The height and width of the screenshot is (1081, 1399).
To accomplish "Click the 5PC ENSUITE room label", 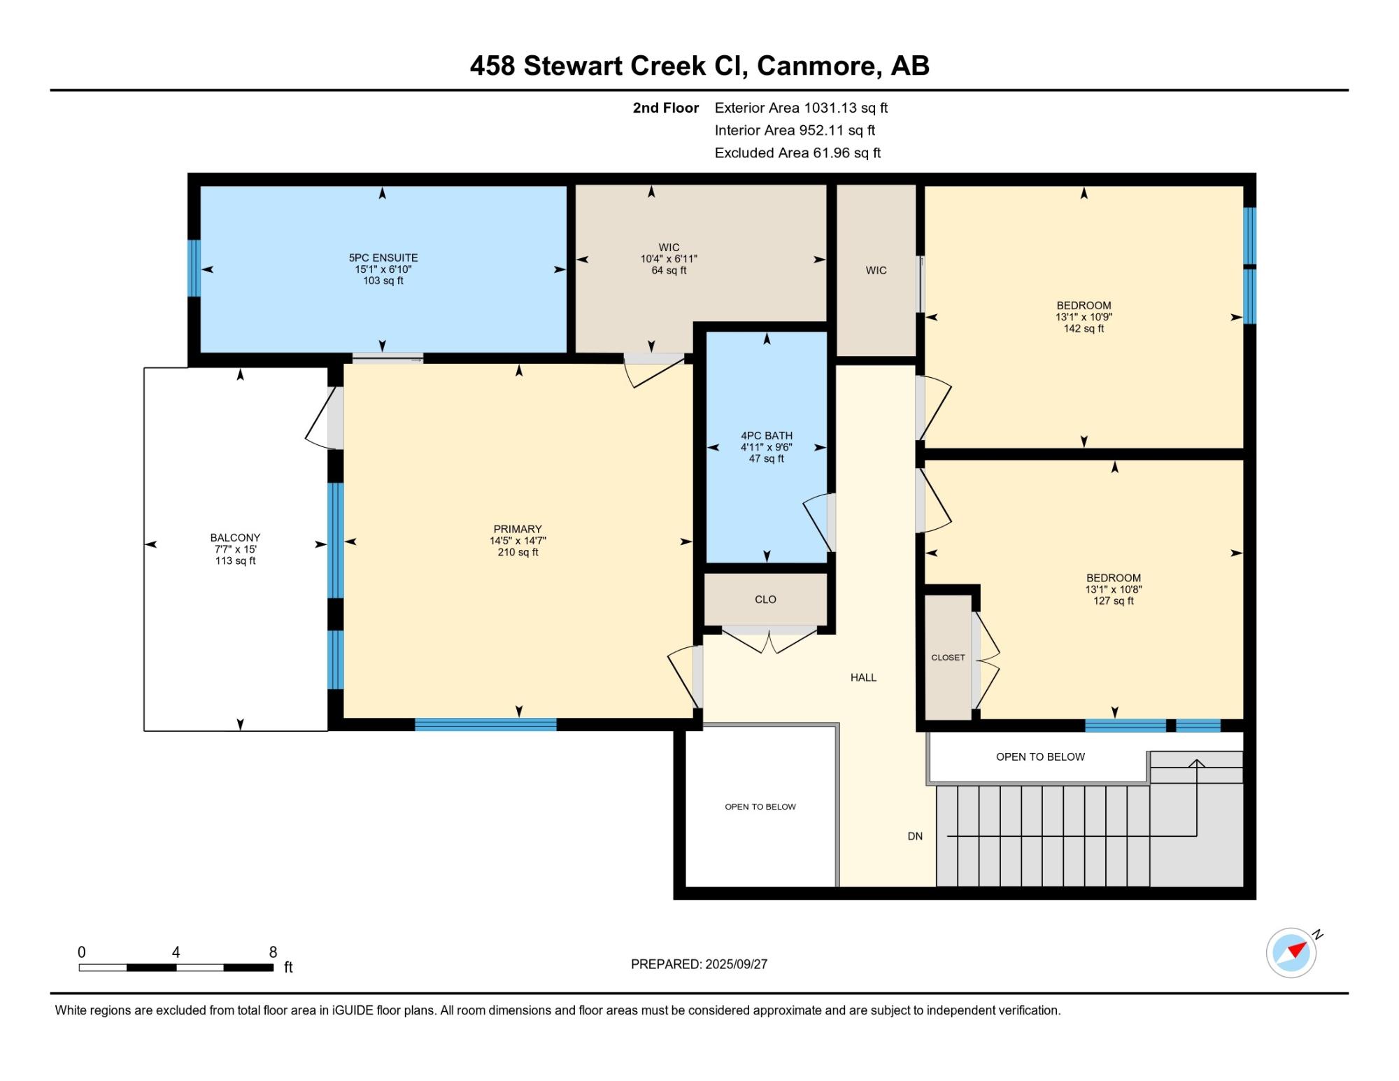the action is pos(383,257).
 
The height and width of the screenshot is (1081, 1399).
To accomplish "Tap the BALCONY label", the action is pos(235,537).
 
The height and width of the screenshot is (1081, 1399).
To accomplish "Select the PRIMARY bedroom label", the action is pos(518,529).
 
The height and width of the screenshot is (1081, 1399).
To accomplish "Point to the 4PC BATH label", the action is pos(767,435).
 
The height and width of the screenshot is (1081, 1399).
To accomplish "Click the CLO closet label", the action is pos(765,600).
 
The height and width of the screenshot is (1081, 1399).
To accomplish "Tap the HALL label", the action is pos(863,677).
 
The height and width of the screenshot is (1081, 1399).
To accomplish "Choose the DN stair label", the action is pos(915,836).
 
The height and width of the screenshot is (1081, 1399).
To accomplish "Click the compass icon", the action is pos(1291,952).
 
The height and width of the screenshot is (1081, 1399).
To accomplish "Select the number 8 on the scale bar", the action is pos(273,952).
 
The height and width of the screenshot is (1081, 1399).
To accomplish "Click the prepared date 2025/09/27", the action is pos(737,964).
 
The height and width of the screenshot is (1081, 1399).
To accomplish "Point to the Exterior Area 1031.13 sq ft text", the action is pos(801,108).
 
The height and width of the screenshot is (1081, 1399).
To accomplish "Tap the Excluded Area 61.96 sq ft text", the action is pos(797,153).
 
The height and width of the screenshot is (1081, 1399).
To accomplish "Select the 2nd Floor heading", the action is pos(666,108).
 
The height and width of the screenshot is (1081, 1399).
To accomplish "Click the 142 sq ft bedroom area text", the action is pos(1084,328).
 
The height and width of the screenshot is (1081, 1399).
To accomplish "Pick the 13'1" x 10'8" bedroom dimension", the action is pos(1114,589).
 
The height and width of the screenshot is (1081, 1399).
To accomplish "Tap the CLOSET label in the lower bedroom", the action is pos(948,658).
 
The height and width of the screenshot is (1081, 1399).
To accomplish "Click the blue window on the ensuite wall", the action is pos(194,268).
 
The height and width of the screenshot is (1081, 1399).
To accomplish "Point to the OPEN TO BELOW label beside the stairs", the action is pos(1040,756).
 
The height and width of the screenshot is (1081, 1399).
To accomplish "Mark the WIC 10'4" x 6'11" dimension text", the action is pos(669,259).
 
